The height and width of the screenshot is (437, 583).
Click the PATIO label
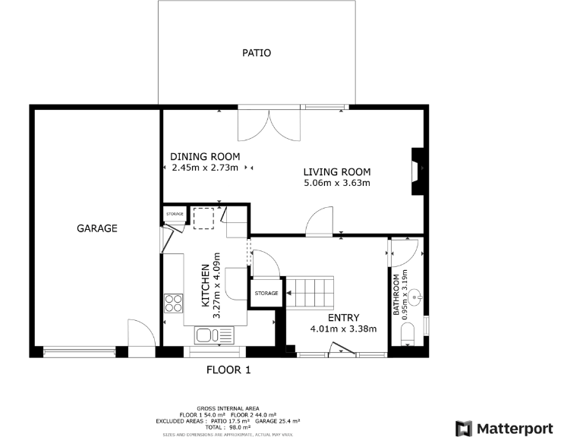click(x=256, y=53)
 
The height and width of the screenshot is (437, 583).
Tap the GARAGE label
click(x=96, y=228)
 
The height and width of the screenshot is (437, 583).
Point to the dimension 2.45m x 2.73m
click(x=205, y=168)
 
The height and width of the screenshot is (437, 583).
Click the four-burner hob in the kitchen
click(x=174, y=303)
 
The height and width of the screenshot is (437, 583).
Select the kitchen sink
click(x=216, y=335)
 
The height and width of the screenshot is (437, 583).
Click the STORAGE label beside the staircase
click(x=266, y=293)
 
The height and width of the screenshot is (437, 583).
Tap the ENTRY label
click(x=343, y=318)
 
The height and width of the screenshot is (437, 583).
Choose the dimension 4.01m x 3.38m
click(x=343, y=329)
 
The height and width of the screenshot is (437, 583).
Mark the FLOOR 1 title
click(x=228, y=370)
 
